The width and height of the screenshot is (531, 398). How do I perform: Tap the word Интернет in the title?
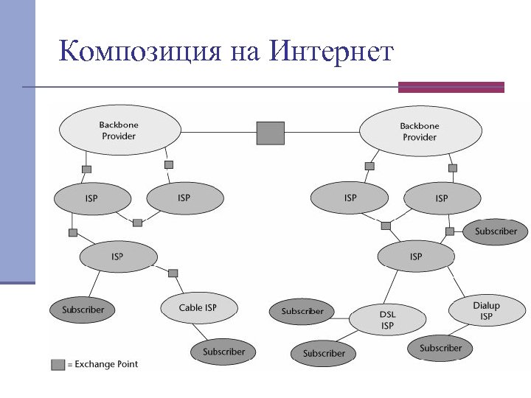[332, 52]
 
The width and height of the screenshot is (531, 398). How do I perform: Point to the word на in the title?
[245, 53]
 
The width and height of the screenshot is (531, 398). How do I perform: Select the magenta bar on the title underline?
[451, 88]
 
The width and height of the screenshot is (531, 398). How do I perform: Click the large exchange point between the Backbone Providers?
[270, 133]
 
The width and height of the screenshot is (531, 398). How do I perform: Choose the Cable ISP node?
[198, 307]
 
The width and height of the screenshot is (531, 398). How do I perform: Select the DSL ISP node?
[387, 320]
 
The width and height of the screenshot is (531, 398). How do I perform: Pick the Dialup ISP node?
[485, 310]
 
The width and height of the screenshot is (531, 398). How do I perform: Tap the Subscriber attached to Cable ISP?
[223, 352]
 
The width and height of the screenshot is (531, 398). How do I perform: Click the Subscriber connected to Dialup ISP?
[440, 348]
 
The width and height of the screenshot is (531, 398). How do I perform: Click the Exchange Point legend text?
[106, 364]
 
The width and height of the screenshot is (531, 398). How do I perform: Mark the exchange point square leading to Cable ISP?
[173, 273]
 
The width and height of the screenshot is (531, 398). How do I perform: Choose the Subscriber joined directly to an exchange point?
[496, 231]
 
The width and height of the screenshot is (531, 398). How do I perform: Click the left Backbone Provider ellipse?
[119, 130]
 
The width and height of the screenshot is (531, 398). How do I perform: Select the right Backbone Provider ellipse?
[420, 132]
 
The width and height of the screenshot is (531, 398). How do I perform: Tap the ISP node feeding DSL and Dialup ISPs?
[416, 256]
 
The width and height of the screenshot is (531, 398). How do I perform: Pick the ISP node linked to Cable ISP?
[117, 256]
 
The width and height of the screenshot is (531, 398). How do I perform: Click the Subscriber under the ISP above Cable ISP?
[83, 310]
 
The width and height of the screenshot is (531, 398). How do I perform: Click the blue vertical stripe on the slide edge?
[17, 140]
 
